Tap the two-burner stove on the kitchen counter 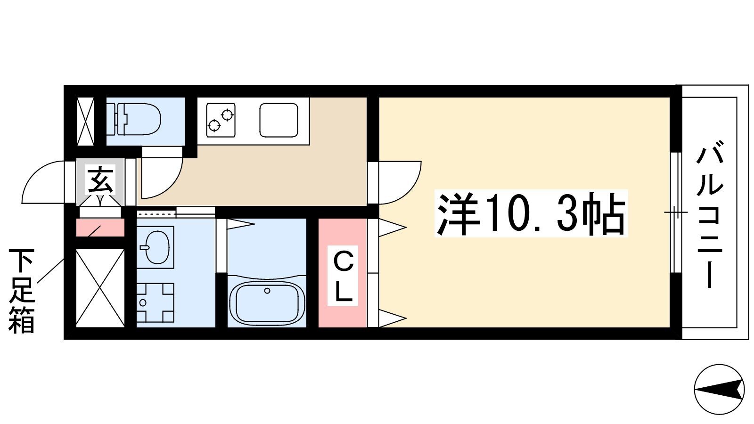pyautogui.click(x=221, y=120)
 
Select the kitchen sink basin pyautogui.click(x=279, y=120)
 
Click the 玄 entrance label pyautogui.click(x=101, y=180)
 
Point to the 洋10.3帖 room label pyautogui.click(x=531, y=213)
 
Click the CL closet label pyautogui.click(x=343, y=276)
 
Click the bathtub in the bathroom pyautogui.click(x=267, y=301)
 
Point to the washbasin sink pyautogui.click(x=155, y=247)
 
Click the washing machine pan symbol pyautogui.click(x=155, y=302)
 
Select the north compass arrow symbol pyautogui.click(x=719, y=390)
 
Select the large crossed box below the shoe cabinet pyautogui.click(x=100, y=288)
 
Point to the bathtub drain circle pyautogui.click(x=267, y=291)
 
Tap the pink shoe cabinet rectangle pyautogui.click(x=100, y=228)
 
